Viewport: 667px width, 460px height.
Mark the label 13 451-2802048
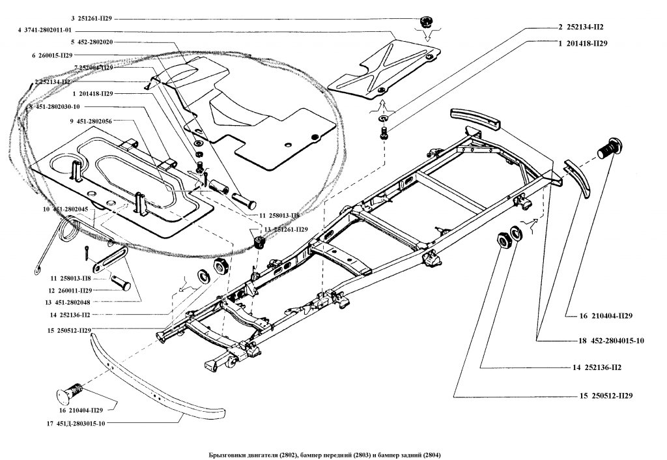pyautogui.click(x=73, y=302)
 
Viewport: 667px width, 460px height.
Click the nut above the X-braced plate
pyautogui.click(x=427, y=22)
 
